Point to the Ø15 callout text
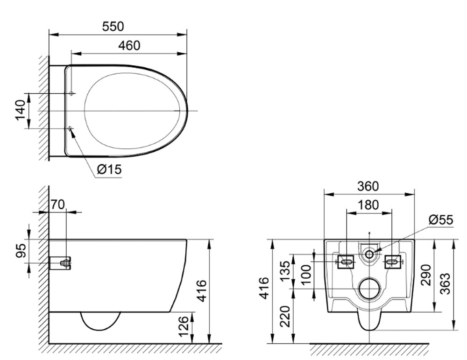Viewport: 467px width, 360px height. pos(109,169)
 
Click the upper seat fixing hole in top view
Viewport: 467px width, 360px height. pos(71,93)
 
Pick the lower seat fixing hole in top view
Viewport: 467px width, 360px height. pos(70,128)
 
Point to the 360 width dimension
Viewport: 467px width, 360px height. pos(368,186)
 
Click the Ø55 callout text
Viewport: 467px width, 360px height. pos(441,219)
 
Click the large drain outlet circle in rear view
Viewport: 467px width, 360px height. pos(369,289)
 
